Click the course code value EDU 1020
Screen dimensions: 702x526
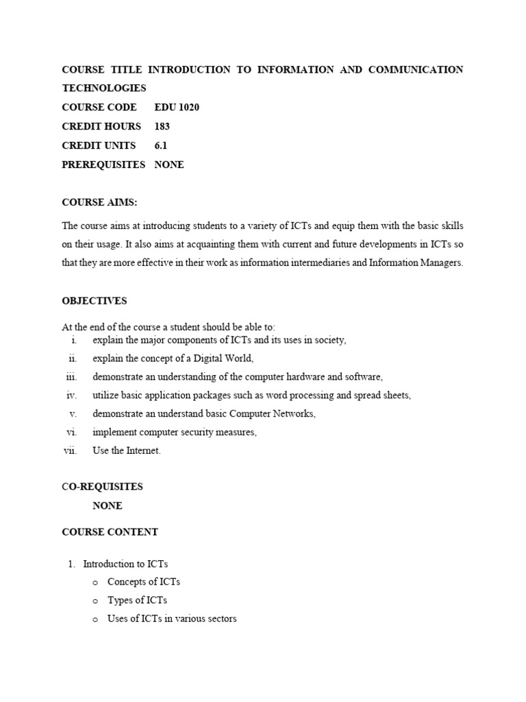(x=177, y=107)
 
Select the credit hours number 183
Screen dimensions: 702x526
(x=162, y=126)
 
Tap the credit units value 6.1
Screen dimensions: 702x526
(x=161, y=145)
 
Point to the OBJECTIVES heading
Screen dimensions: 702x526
(x=95, y=301)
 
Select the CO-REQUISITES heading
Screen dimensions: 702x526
(x=102, y=487)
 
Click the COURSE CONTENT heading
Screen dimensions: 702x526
(x=110, y=532)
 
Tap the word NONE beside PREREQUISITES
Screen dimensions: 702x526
(x=169, y=165)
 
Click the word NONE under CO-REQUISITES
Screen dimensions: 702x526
(x=108, y=506)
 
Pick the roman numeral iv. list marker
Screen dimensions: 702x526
(x=72, y=396)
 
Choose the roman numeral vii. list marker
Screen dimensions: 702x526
(x=70, y=450)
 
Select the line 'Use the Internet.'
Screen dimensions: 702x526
(x=127, y=451)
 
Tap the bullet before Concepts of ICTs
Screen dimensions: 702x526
(x=95, y=582)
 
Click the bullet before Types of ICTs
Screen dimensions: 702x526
(x=95, y=601)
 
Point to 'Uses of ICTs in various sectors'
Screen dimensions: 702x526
(x=172, y=618)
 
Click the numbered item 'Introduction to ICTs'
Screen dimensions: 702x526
(x=125, y=564)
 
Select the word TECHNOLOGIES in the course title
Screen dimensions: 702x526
(x=104, y=88)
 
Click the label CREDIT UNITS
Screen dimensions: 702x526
(x=99, y=145)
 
